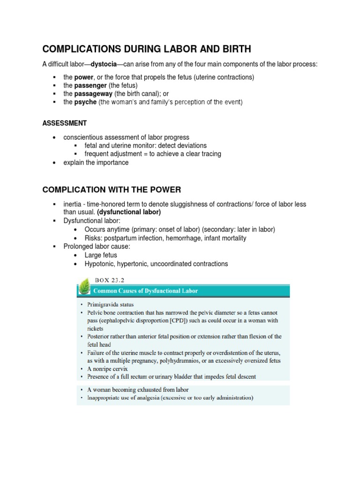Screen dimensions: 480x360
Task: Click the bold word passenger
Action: click(x=90, y=85)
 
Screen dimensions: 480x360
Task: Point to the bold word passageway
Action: click(x=92, y=94)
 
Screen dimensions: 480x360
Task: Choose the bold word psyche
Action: click(x=85, y=102)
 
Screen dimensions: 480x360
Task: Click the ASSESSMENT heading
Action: click(x=64, y=123)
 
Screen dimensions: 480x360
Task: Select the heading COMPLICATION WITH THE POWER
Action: click(x=112, y=189)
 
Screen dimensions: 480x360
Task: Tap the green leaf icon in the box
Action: click(x=85, y=287)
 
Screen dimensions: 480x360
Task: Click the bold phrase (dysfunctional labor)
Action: click(x=129, y=212)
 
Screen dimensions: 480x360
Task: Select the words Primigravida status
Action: click(x=107, y=304)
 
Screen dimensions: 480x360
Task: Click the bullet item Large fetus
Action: click(x=102, y=255)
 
